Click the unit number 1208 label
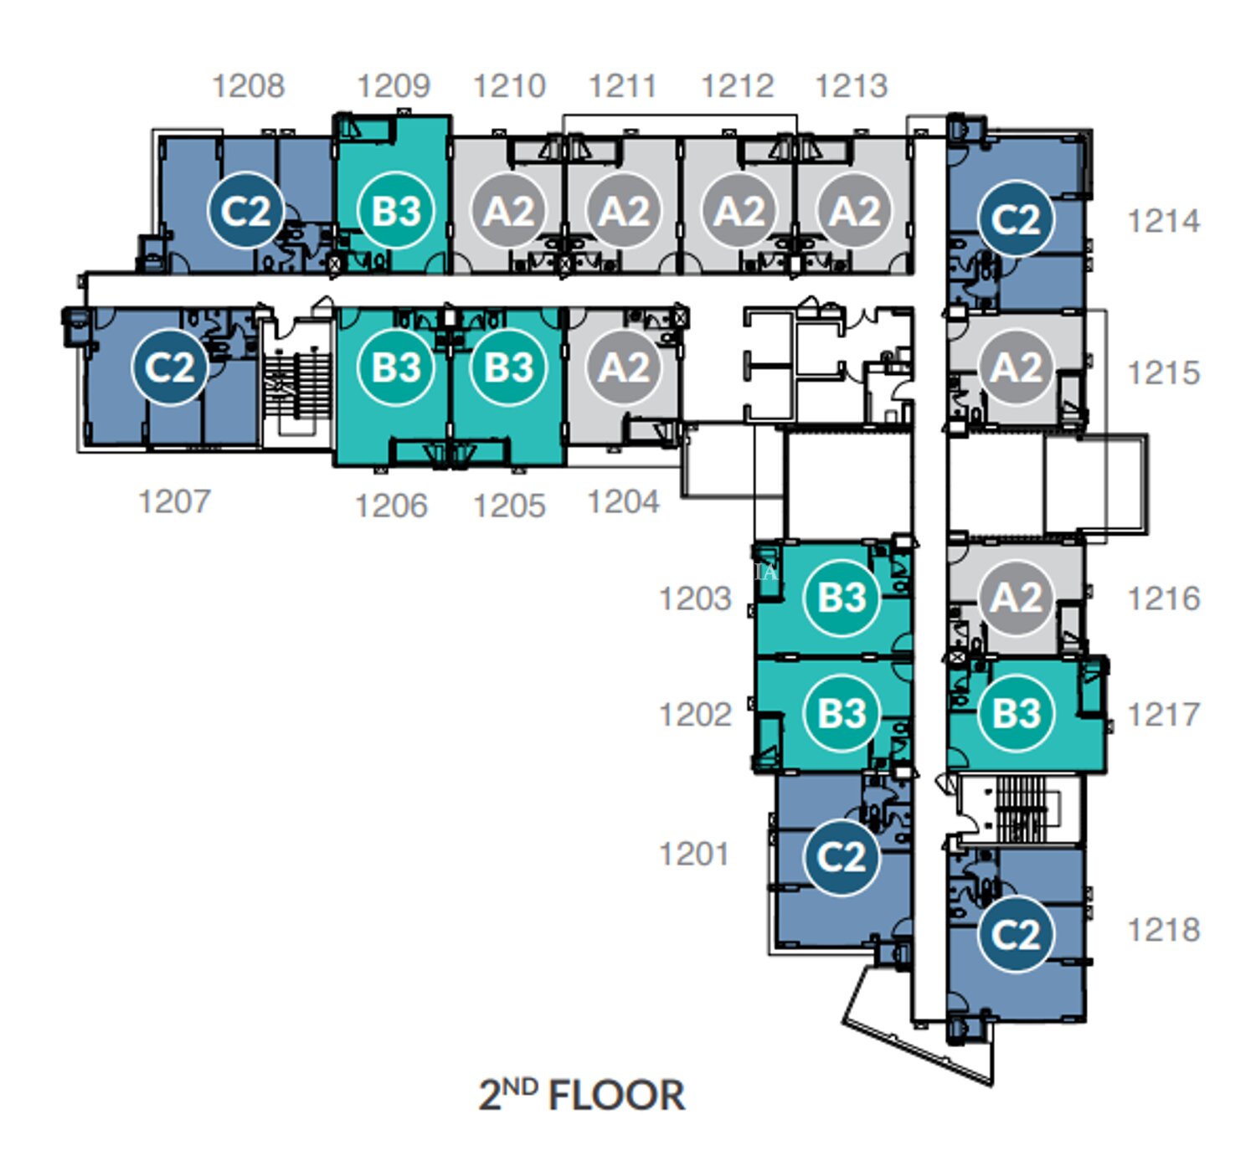click(x=249, y=86)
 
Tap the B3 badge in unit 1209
click(x=396, y=211)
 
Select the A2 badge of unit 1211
click(x=624, y=211)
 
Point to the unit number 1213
click(x=852, y=86)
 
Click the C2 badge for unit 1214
click(x=1016, y=218)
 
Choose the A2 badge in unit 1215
click(x=1016, y=367)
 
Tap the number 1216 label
click(x=1164, y=598)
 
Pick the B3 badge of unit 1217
click(x=1016, y=713)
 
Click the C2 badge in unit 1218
click(x=1016, y=934)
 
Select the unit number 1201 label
click(x=694, y=855)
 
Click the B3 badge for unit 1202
click(x=842, y=713)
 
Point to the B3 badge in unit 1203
click(x=842, y=597)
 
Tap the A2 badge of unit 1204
click(x=624, y=367)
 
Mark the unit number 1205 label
click(x=510, y=506)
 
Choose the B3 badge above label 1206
click(x=396, y=367)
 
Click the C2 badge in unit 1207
click(x=169, y=367)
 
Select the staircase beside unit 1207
click(x=297, y=384)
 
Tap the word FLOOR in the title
click(x=616, y=1096)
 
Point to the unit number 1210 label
click(x=510, y=86)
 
